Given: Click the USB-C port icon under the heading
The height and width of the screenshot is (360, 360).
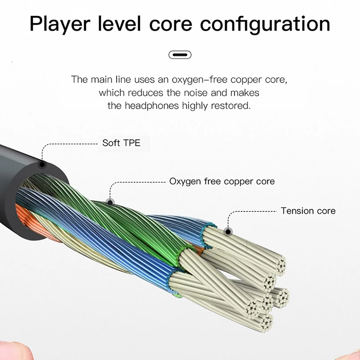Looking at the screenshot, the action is (x=180, y=55).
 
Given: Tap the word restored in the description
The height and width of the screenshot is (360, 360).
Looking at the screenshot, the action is (x=231, y=106).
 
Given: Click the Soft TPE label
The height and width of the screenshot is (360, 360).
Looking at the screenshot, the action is (x=121, y=143).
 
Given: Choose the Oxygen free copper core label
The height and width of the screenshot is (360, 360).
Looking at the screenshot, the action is (x=222, y=182).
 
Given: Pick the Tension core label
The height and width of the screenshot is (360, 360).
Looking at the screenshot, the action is (x=308, y=211).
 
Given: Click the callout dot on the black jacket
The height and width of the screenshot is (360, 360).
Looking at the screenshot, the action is (x=43, y=165).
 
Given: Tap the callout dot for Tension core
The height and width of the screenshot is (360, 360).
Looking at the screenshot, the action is (x=228, y=232).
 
